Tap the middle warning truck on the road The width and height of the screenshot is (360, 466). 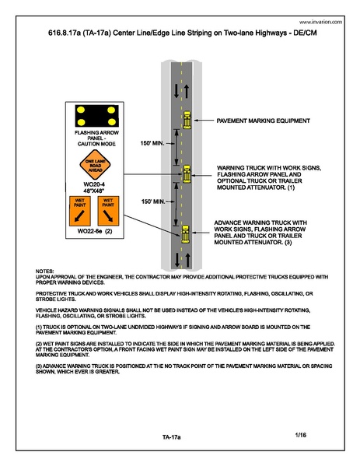[x=187, y=173]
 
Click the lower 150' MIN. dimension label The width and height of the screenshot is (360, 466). [x=153, y=201]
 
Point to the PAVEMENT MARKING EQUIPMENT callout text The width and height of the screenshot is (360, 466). [x=264, y=121]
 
